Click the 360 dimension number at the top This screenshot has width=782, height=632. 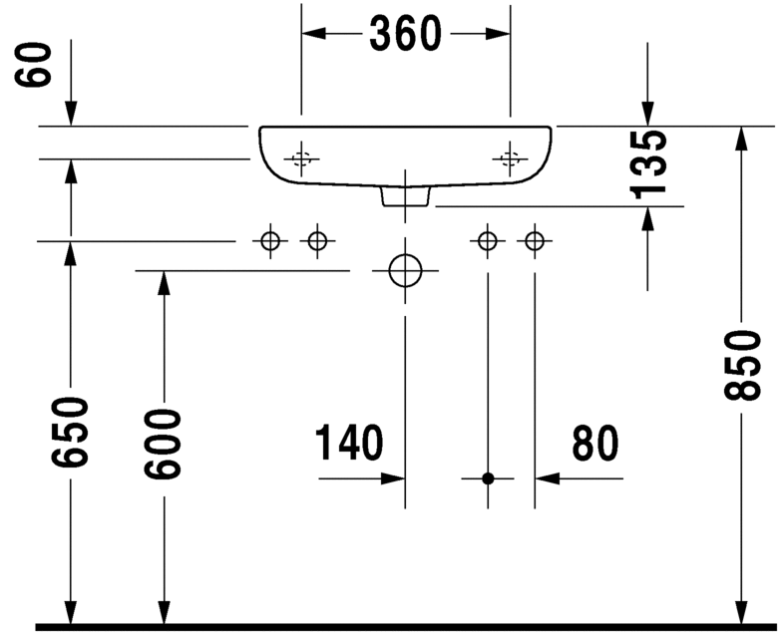click(405, 34)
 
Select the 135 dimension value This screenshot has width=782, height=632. click(650, 162)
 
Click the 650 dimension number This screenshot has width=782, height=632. click(71, 432)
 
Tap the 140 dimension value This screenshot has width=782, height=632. click(348, 444)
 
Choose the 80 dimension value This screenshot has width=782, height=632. click(595, 444)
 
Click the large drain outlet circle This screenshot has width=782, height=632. click(405, 269)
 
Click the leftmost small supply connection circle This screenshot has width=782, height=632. click(269, 240)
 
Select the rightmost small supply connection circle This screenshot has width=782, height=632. click(535, 240)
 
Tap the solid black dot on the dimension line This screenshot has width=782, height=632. click(488, 478)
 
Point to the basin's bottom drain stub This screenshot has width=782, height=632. click(405, 196)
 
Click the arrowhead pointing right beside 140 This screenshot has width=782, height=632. click(391, 478)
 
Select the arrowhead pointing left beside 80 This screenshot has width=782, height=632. click(550, 478)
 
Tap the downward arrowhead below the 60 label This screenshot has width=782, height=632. click(71, 114)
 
